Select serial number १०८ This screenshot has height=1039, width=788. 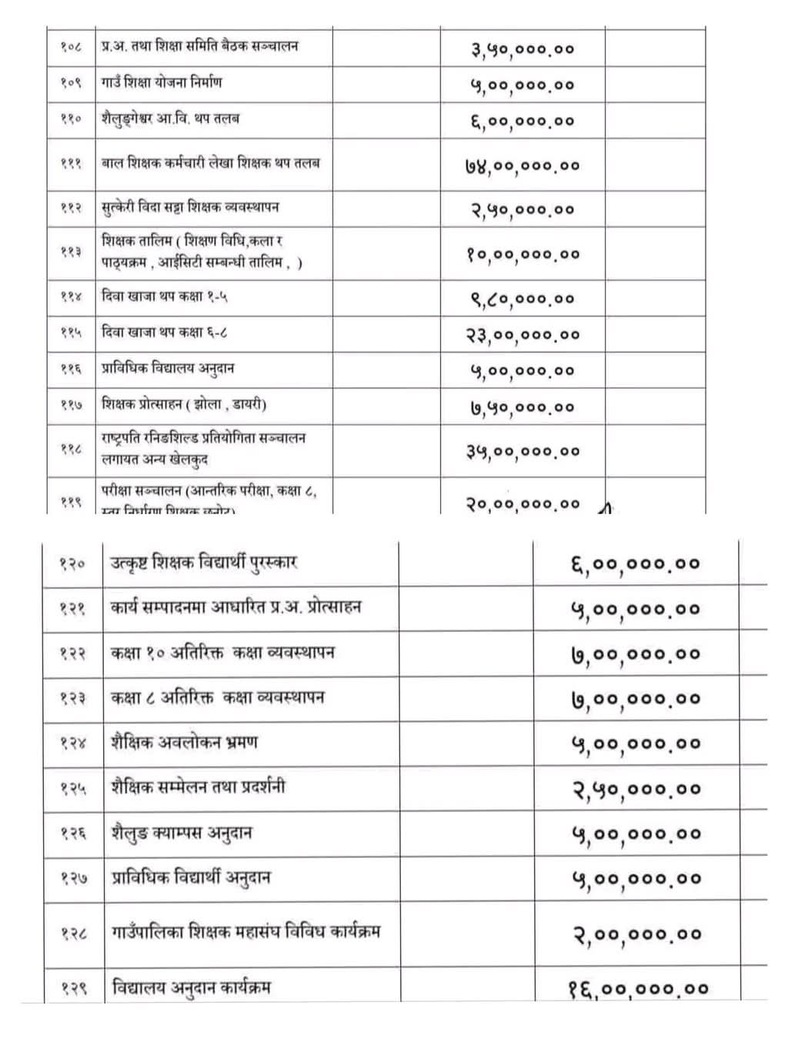pyautogui.click(x=71, y=47)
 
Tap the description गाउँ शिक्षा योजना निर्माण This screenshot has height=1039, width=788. pyautogui.click(x=162, y=82)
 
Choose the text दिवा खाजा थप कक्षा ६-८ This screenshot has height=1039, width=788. pyautogui.click(x=164, y=332)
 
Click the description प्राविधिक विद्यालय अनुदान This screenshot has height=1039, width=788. pyautogui.click(x=168, y=368)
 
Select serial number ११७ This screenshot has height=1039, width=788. pyautogui.click(x=71, y=405)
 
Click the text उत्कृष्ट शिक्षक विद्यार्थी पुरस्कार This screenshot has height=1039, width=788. pyautogui.click(x=204, y=562)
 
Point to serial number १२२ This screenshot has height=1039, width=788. pyautogui.click(x=73, y=654)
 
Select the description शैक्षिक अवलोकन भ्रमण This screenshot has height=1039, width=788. pyautogui.click(x=184, y=743)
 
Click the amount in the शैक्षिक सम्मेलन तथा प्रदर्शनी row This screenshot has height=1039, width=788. pyautogui.click(x=636, y=789)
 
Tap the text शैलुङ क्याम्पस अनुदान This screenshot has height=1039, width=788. pyautogui.click(x=182, y=833)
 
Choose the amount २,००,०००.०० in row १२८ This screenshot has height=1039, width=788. pyautogui.click(x=636, y=934)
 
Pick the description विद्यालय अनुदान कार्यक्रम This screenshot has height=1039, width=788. pyautogui.click(x=191, y=987)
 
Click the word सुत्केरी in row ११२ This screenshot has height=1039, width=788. pyautogui.click(x=119, y=207)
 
